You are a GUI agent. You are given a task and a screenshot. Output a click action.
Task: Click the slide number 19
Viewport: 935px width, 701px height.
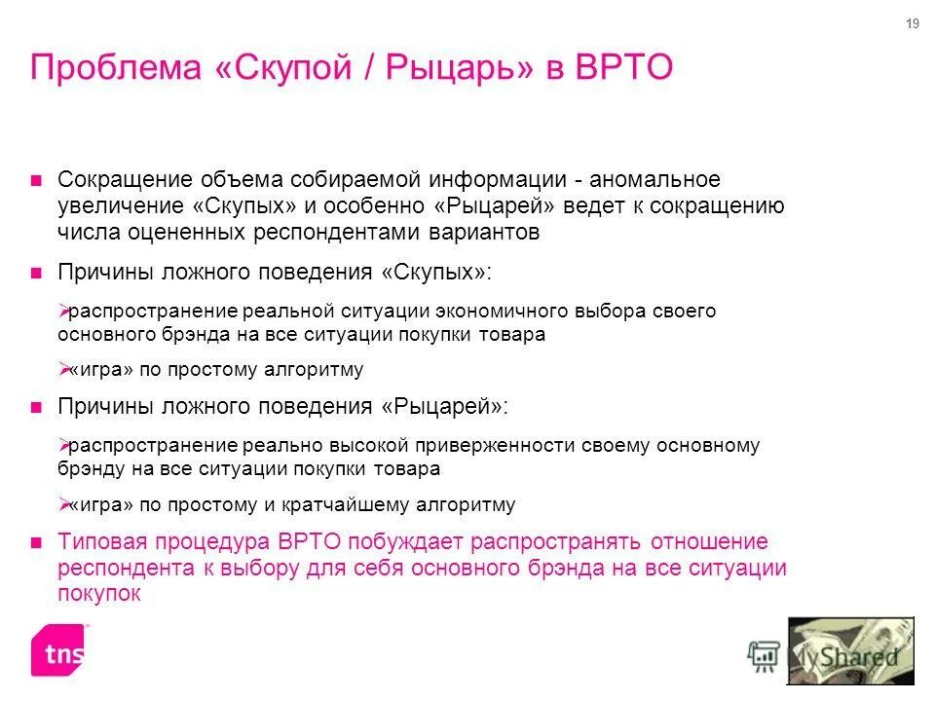(912, 24)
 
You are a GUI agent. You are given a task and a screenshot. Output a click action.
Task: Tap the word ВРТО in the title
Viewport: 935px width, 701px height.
(623, 69)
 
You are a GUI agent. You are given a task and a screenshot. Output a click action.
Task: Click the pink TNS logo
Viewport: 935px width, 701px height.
(57, 649)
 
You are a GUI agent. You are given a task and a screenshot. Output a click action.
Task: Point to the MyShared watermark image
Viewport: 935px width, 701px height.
(849, 651)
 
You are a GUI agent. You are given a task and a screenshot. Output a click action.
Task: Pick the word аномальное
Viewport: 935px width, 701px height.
(654, 180)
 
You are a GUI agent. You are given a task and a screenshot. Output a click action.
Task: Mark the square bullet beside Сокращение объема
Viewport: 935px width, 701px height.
(36, 180)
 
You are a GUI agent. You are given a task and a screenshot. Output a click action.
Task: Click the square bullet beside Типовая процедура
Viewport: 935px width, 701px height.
(36, 542)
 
